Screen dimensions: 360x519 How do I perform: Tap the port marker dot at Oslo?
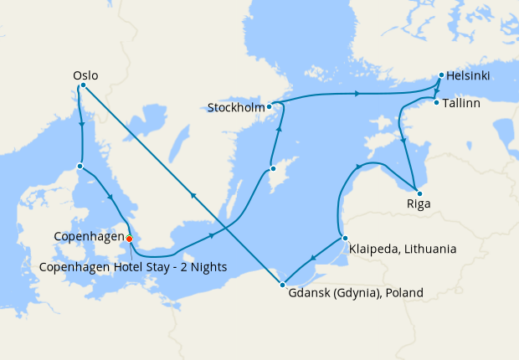[82, 86]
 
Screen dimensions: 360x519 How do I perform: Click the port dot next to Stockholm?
[270, 107]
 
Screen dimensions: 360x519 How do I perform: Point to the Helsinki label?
[469, 76]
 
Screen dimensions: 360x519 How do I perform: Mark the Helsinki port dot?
[441, 76]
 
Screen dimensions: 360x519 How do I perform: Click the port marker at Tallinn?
[437, 103]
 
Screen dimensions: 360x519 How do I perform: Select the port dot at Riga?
[417, 188]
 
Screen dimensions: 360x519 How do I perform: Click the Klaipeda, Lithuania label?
[403, 249]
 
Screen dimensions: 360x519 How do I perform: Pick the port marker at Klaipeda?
[344, 239]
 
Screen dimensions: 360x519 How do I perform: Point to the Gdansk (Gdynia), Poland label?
[356, 293]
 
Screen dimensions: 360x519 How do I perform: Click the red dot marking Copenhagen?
[130, 239]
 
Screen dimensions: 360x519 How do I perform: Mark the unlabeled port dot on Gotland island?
[273, 169]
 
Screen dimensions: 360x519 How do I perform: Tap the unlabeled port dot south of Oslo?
[80, 166]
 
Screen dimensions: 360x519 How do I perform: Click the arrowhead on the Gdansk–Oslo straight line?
[193, 195]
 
